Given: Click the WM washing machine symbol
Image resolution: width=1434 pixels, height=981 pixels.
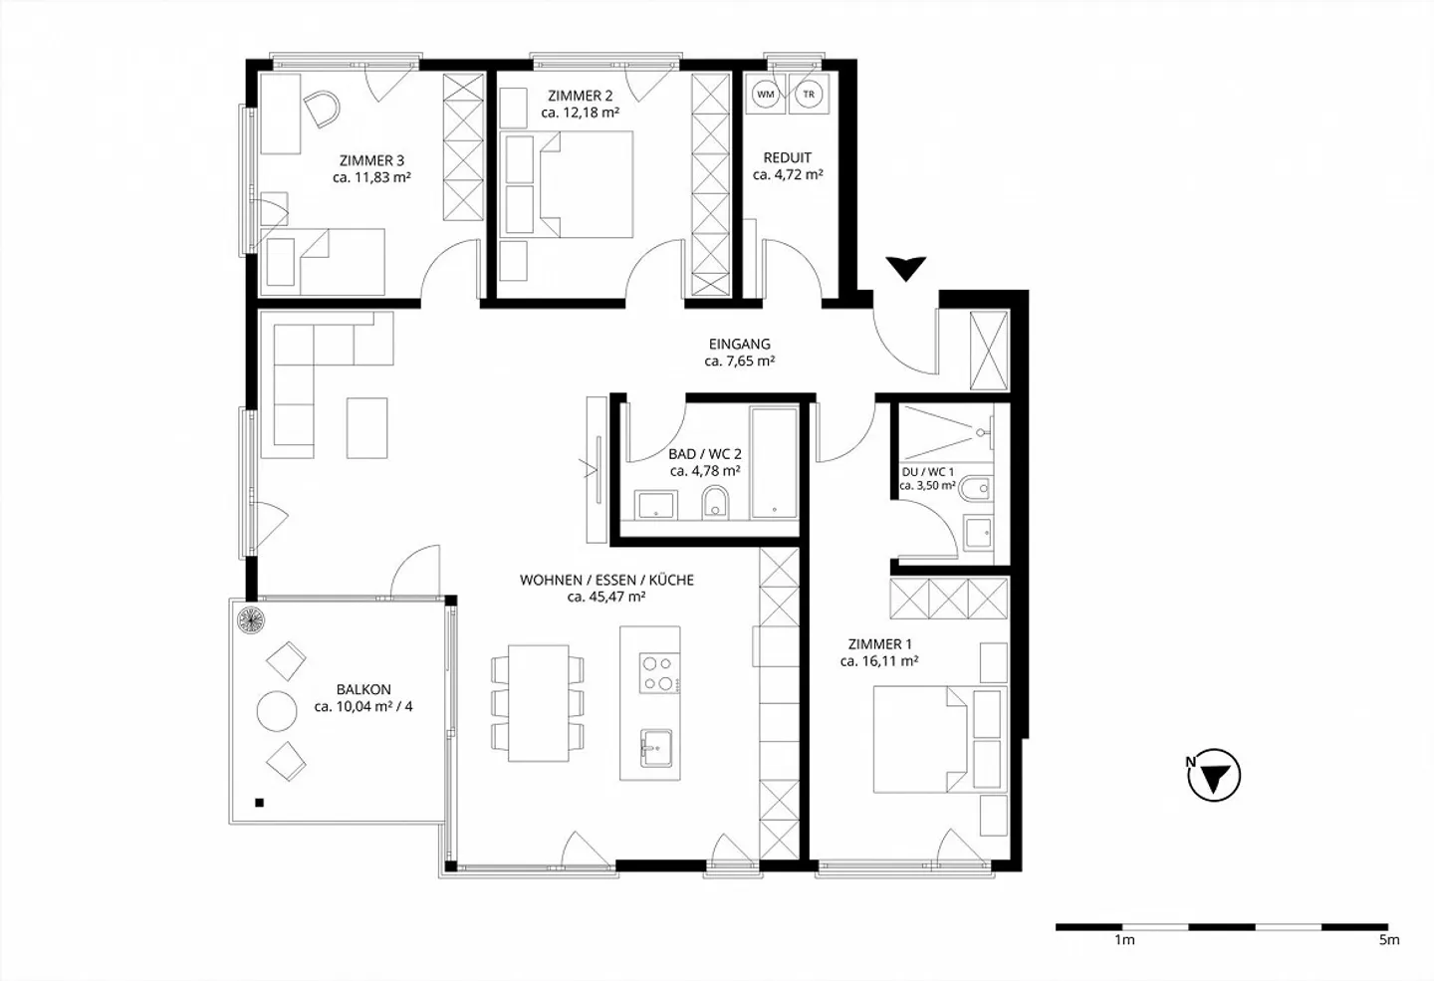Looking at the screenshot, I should [x=766, y=95].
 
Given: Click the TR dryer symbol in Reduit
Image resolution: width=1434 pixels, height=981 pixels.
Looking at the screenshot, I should [x=809, y=95].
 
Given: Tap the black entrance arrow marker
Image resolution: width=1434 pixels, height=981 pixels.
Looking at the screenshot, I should [x=906, y=268].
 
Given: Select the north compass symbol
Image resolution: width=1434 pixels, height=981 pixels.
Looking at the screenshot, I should [x=1215, y=776].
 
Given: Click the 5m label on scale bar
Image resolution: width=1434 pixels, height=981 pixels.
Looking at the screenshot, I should [x=1388, y=939].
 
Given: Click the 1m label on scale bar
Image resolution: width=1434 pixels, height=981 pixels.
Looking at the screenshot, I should [x=1124, y=939].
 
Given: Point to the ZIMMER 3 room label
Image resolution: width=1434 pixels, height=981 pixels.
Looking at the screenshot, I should [x=371, y=160].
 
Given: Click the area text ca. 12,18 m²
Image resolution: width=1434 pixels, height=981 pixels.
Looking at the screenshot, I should [x=581, y=114].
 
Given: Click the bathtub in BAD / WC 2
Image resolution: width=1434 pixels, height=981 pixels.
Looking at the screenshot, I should [x=774, y=462].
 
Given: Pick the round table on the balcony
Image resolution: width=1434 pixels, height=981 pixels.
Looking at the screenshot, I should [x=277, y=711].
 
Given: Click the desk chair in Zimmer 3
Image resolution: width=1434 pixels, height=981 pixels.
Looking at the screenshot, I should [x=322, y=108].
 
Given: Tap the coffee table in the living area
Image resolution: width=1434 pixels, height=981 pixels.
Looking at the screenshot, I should [x=366, y=427].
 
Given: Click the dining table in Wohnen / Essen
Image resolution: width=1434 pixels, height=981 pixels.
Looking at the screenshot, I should [x=538, y=702].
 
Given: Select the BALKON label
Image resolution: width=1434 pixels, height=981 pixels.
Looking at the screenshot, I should [x=363, y=689].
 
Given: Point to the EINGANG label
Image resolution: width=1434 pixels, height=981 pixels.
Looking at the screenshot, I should [x=739, y=345].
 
